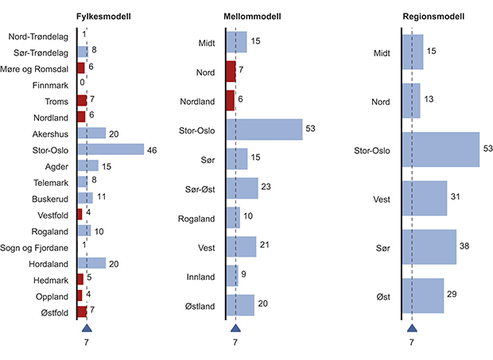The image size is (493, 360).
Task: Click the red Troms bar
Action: [x=81, y=100]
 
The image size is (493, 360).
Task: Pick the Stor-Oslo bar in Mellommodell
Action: [x=264, y=130]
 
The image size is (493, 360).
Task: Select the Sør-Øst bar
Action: [x=243, y=188]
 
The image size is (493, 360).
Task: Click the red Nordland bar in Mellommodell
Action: [x=231, y=100]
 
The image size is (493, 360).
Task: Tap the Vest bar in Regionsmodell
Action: [x=425, y=199]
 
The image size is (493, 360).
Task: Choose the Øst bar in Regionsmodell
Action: [x=423, y=296]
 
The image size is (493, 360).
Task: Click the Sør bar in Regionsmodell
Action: [x=429, y=247]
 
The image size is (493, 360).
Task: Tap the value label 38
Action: [x=465, y=247]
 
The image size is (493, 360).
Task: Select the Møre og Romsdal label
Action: [x=40, y=68]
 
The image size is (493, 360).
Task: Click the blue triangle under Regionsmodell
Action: [x=411, y=327]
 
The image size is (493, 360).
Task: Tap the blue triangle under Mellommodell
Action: [x=235, y=327]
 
